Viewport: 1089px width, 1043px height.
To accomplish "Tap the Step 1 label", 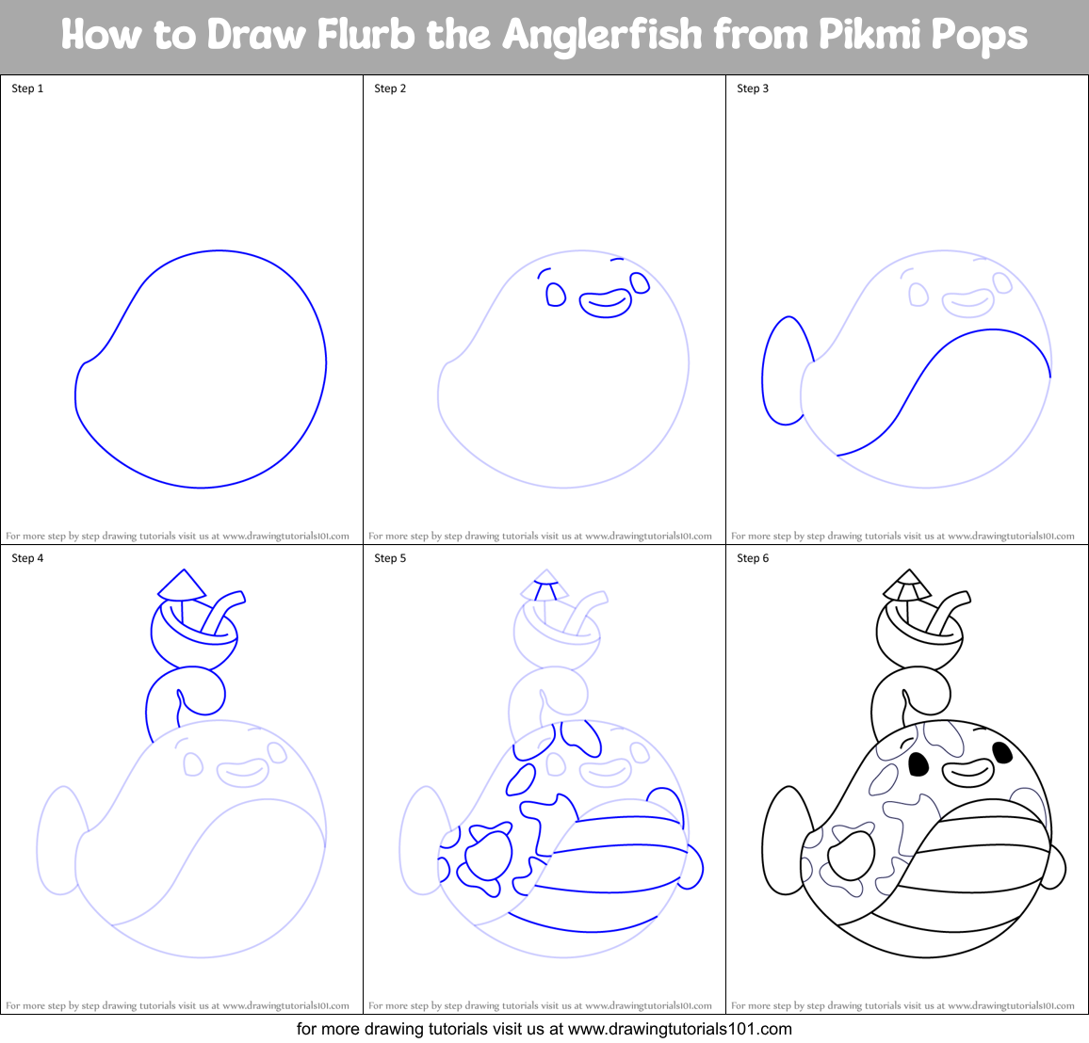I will coord(27,88).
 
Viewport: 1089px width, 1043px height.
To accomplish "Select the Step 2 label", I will coord(390,88).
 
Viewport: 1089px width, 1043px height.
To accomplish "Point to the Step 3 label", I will coord(753,88).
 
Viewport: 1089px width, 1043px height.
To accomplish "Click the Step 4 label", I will coord(27,558).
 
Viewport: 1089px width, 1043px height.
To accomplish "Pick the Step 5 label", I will coord(390,558).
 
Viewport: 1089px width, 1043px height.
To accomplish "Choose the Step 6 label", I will coord(753,558).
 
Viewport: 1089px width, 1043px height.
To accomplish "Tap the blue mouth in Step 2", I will coord(605,303).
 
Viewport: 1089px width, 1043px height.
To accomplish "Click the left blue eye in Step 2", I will coord(556,296).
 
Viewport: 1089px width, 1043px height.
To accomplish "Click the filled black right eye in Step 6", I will coord(1002,751).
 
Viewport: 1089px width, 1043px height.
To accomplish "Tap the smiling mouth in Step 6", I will coord(968,774).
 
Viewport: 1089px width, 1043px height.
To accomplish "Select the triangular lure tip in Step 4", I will coord(182,586).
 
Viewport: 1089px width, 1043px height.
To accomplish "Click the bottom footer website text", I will coord(544,1029).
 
